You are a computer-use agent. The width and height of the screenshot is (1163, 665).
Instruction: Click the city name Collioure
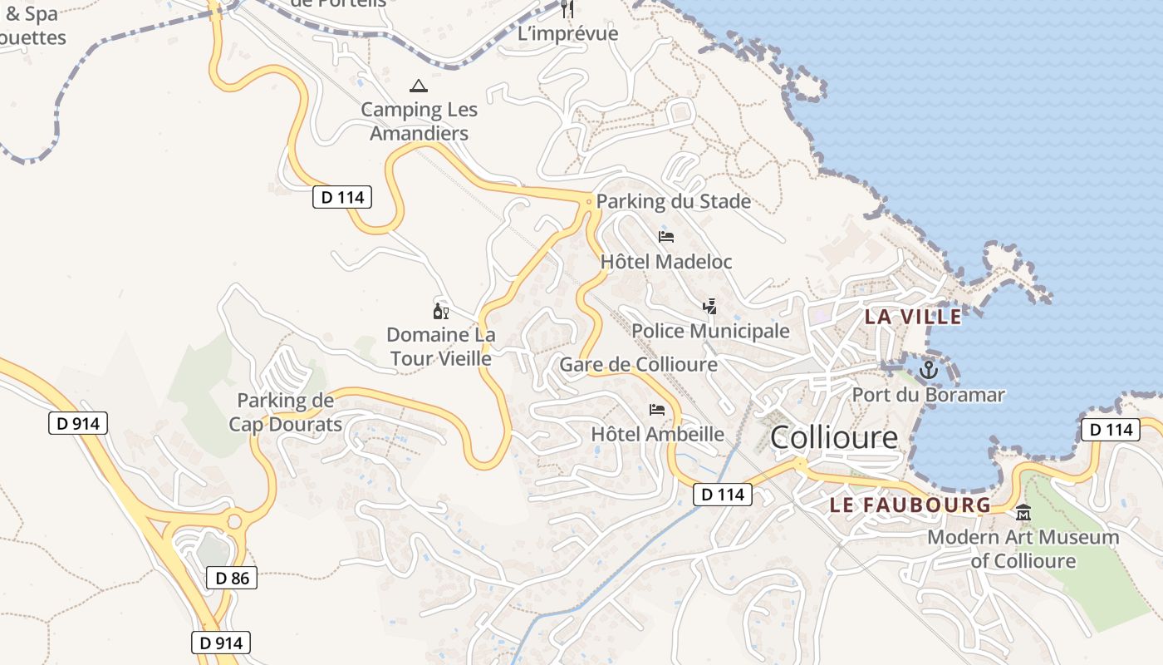(x=834, y=437)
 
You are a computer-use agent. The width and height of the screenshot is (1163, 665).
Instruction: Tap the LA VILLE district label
(x=913, y=317)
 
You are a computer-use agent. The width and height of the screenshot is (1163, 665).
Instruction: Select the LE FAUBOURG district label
(x=910, y=505)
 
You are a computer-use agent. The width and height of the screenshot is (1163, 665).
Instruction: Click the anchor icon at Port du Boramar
(x=928, y=370)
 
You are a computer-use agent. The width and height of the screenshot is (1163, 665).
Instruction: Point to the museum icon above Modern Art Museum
(x=1023, y=513)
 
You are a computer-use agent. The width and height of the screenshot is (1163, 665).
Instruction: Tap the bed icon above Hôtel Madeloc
(x=666, y=237)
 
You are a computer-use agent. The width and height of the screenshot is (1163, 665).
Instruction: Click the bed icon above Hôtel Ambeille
(x=657, y=410)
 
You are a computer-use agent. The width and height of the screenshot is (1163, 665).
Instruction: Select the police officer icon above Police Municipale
(x=709, y=307)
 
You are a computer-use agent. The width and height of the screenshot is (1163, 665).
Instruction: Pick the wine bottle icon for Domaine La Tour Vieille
(x=440, y=312)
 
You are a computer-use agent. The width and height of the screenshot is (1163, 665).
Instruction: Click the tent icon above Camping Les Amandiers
(x=419, y=86)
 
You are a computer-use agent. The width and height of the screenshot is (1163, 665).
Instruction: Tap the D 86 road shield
(x=232, y=578)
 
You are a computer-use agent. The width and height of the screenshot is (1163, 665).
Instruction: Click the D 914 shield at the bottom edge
(x=220, y=643)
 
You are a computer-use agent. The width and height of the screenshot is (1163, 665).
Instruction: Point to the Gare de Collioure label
(x=638, y=365)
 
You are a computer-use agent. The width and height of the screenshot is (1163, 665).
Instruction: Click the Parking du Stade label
(x=673, y=201)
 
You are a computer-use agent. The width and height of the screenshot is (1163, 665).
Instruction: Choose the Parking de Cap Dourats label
(x=285, y=412)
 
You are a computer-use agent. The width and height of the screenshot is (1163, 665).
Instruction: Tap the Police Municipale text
(x=710, y=332)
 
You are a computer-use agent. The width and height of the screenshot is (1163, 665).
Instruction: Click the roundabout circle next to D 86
(x=233, y=522)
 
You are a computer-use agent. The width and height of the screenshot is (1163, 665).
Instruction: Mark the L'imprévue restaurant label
(x=568, y=33)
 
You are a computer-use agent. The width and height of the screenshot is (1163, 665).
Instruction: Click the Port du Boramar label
(x=928, y=395)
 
